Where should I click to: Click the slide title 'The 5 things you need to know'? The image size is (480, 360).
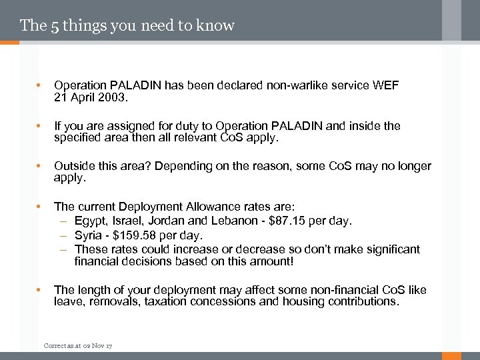coord(127,26)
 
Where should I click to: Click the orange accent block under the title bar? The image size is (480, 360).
coord(9,43)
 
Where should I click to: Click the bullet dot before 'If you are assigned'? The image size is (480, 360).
coord(39,126)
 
